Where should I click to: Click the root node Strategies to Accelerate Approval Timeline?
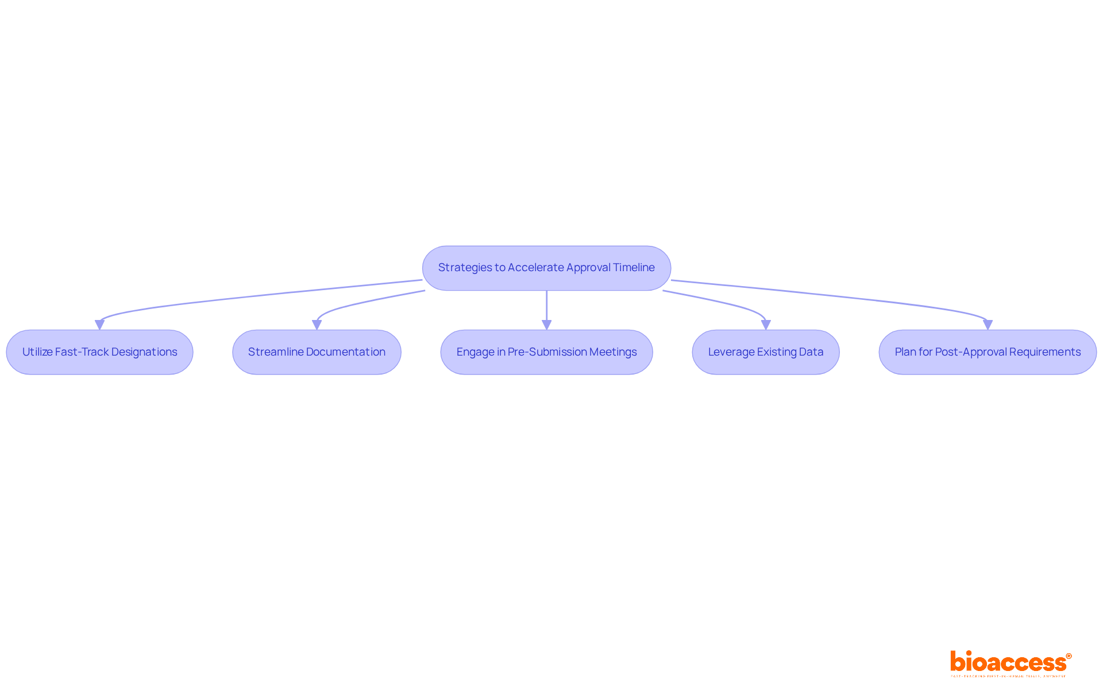point(546,268)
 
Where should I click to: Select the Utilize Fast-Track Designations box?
point(99,352)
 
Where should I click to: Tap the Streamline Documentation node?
point(317,352)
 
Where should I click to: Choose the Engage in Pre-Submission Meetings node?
point(546,352)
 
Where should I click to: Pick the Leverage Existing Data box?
point(765,352)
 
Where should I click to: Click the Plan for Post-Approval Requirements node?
point(988,352)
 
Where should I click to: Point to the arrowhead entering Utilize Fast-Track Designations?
point(99,325)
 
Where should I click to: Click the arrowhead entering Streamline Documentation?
point(317,325)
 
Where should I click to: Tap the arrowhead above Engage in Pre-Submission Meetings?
point(546,325)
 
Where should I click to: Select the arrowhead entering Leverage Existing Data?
point(765,325)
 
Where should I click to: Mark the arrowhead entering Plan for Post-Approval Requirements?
point(988,325)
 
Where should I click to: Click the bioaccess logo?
point(1008,662)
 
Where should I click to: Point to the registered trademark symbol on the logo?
point(1069,656)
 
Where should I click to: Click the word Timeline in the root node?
point(634,268)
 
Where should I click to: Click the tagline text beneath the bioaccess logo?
point(1008,676)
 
